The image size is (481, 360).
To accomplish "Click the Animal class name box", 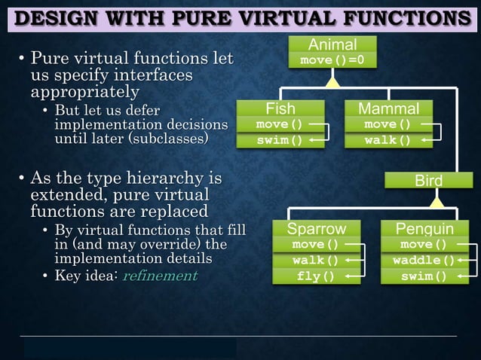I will [x=332, y=44].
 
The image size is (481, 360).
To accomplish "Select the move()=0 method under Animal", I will [x=332, y=59].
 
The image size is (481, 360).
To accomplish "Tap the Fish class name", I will [x=280, y=109].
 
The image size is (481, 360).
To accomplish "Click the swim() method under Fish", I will [x=280, y=141].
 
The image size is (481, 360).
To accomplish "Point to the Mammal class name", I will [x=389, y=109].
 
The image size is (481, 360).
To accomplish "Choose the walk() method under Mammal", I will [x=388, y=141].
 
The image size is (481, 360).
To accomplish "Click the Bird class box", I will [x=428, y=181].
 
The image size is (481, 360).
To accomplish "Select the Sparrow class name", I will [x=317, y=229].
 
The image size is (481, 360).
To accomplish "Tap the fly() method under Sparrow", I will [x=316, y=276].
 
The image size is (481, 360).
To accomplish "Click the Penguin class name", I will [x=424, y=229].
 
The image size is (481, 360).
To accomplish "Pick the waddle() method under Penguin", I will [x=424, y=261].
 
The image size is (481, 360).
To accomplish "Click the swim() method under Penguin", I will [x=424, y=276].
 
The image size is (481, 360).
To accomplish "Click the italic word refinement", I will [x=159, y=276].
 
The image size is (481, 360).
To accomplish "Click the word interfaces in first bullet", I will [x=155, y=75].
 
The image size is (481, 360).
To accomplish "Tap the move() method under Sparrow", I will [x=316, y=245].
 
